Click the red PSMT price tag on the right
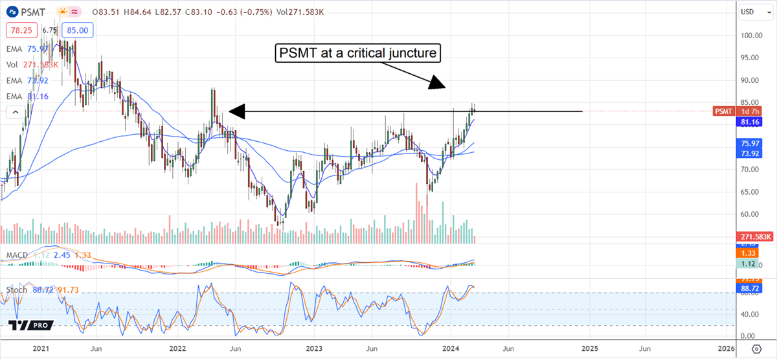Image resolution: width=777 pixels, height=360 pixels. tap(724, 111)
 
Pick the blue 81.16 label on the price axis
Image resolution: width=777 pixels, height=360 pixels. tap(752, 121)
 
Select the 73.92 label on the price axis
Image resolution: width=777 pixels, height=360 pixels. tap(752, 153)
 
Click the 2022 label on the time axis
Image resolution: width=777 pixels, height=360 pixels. tap(177, 348)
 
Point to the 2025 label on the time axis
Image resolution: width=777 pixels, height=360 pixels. tap(589, 348)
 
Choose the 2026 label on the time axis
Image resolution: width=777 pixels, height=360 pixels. tap(726, 348)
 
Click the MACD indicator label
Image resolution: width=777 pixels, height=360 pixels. tap(17, 255)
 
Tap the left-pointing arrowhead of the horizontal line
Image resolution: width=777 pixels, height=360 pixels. tap(236, 112)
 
